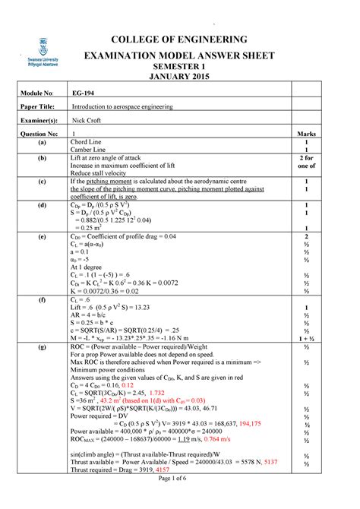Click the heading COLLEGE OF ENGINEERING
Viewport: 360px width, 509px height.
tap(180, 40)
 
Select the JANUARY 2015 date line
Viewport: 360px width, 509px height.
tap(180, 78)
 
